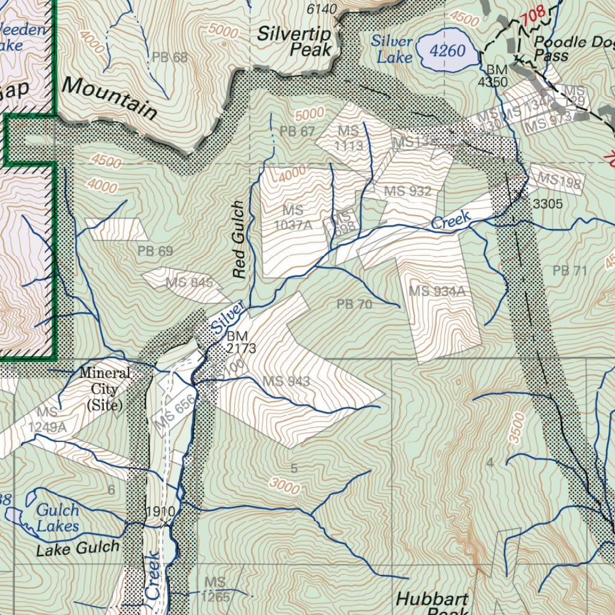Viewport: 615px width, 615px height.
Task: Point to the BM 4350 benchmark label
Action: coord(492,76)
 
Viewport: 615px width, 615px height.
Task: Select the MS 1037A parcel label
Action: coord(293,217)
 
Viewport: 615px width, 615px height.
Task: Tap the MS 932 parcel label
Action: coord(408,192)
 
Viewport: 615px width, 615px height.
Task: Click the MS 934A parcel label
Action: coord(437,291)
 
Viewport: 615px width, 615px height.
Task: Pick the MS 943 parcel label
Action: coord(286,381)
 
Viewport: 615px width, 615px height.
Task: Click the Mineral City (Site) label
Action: coord(105,389)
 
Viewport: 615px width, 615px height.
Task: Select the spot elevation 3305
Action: coord(547,204)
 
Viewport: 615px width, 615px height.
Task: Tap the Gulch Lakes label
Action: coord(57,518)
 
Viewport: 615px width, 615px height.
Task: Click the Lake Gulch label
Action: coord(77,548)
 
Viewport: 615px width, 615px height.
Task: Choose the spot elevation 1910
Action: coord(160,512)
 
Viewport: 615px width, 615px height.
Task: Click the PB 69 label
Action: coord(155,251)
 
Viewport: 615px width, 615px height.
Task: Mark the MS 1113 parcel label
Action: coord(348,138)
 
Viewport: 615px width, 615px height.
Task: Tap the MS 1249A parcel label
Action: coord(47,419)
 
